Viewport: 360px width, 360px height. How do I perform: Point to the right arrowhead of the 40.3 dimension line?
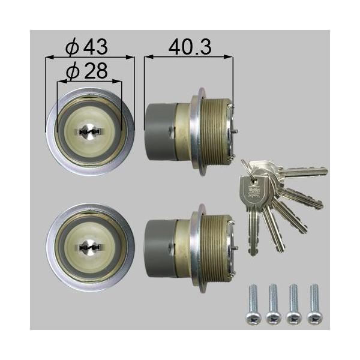click(230, 58)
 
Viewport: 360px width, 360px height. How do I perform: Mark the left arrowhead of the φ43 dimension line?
click(49, 58)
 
